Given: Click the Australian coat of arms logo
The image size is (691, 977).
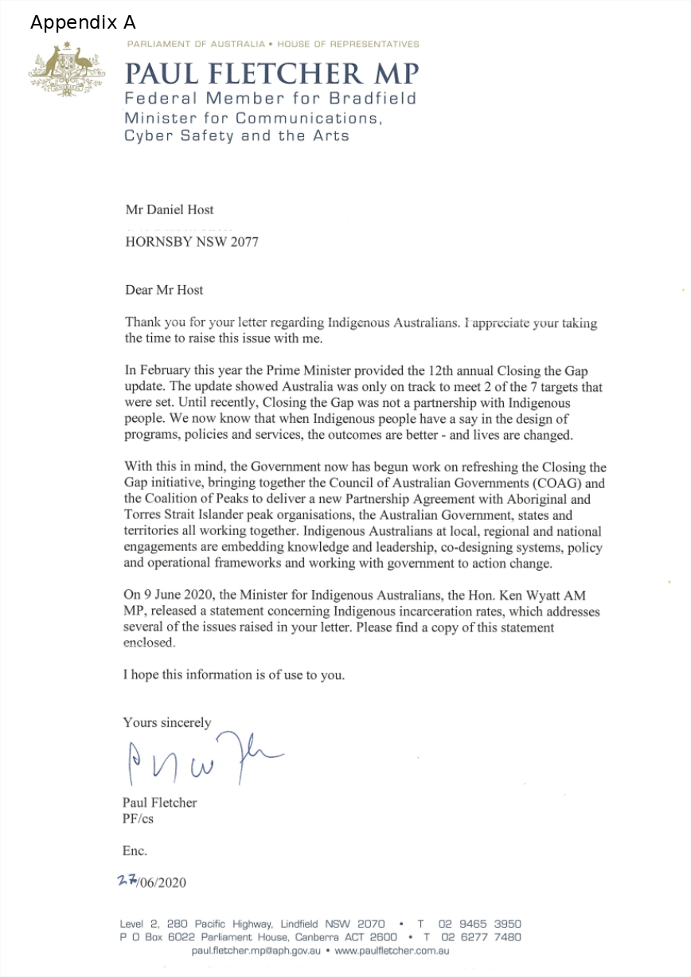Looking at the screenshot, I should coord(67,69).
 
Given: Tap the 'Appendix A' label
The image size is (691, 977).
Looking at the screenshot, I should coord(83,22).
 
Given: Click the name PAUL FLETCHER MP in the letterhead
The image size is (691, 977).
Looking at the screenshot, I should coord(271,73).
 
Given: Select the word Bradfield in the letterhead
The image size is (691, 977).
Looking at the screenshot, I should coord(374,98).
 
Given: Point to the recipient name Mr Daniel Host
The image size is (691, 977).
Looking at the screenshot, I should coord(170,210).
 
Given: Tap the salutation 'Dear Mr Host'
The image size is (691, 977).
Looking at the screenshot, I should coord(164,290).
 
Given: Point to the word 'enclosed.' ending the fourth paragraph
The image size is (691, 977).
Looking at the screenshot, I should coord(149,643).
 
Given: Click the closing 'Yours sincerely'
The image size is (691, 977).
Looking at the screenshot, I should coord(167,723).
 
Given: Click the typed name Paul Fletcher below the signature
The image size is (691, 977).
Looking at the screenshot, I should coord(159,803).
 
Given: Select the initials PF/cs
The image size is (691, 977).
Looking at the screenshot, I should coord(138,819).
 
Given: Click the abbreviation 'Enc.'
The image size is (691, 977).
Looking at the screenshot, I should coord(135,850).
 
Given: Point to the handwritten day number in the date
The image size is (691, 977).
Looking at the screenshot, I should coord(126,881).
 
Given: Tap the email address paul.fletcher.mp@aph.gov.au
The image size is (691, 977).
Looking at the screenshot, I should coord(256,951).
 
